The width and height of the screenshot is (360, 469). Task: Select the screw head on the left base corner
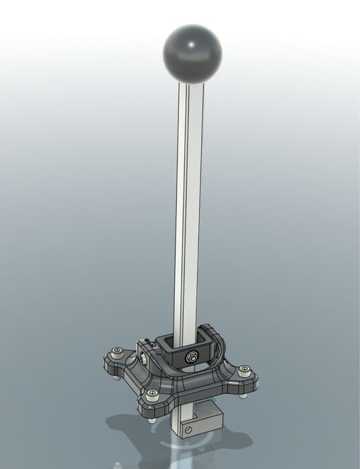[x=119, y=351]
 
